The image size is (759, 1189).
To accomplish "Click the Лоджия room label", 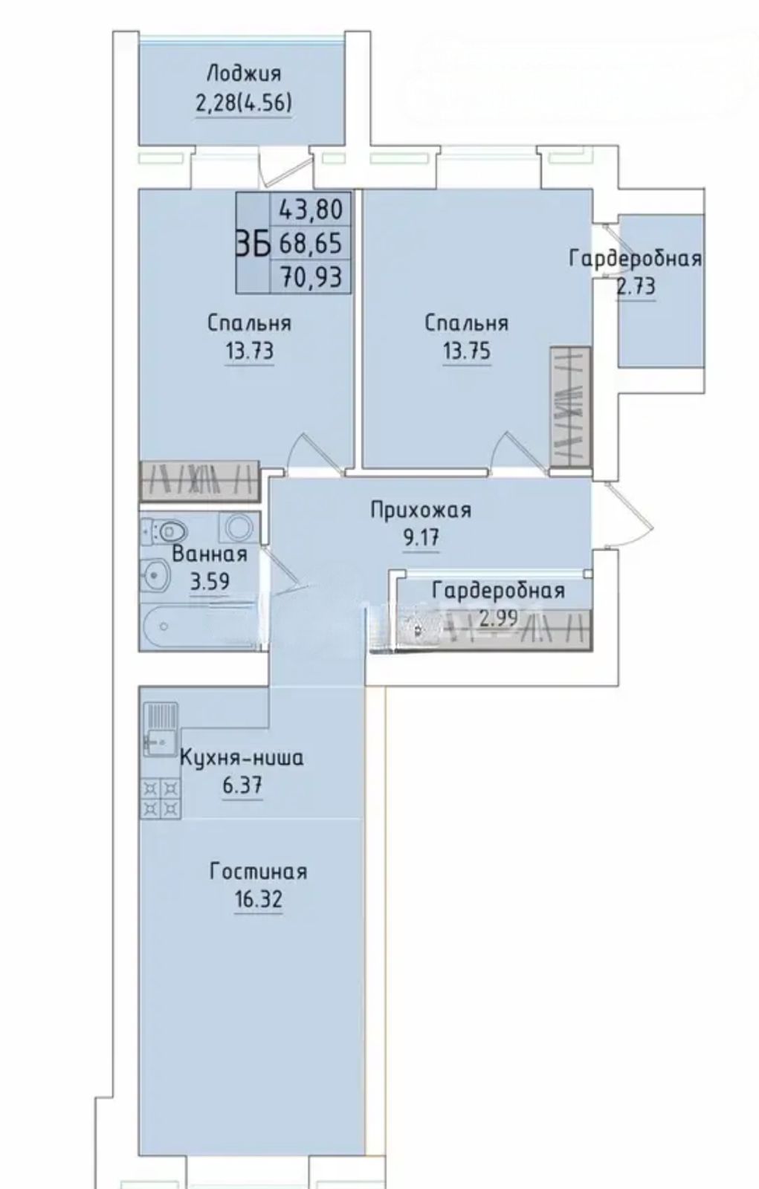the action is click(x=244, y=74).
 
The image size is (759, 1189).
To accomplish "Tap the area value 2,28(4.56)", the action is click(x=244, y=103).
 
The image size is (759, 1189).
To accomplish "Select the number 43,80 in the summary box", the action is click(x=311, y=209).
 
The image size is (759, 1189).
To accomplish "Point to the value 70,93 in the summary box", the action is click(x=311, y=276).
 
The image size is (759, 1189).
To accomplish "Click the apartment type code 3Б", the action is click(x=253, y=244).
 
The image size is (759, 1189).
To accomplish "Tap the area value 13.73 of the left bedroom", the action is click(x=250, y=351).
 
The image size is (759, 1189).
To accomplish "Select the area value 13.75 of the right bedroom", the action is click(x=467, y=351).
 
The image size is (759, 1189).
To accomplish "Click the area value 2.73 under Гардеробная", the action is click(x=636, y=287).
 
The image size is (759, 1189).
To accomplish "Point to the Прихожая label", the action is click(x=421, y=511).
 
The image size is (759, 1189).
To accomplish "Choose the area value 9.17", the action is click(x=422, y=538).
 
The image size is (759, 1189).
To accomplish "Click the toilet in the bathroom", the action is click(x=166, y=531).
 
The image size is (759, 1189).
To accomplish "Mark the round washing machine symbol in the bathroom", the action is click(x=239, y=528).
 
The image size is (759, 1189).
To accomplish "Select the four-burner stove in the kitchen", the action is click(x=161, y=798).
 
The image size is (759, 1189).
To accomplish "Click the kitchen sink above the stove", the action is click(x=161, y=729).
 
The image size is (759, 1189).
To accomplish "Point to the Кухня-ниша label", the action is click(x=242, y=758).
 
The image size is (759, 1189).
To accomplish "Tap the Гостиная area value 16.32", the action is click(x=258, y=900).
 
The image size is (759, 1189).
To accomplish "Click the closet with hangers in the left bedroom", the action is click(x=200, y=482).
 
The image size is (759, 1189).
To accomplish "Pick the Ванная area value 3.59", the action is click(x=210, y=582).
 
